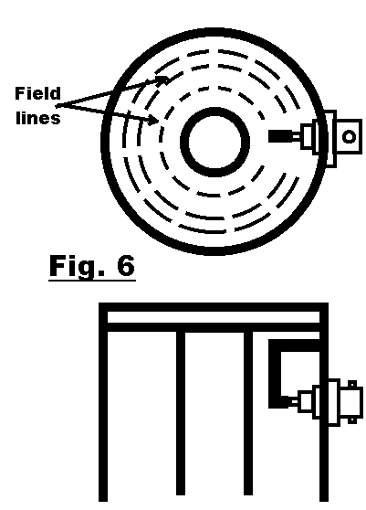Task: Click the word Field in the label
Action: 37,93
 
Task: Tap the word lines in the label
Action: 38,118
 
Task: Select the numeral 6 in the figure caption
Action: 125,265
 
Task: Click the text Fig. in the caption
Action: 78,267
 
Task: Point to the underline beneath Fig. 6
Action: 92,280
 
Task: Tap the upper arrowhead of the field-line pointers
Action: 164,80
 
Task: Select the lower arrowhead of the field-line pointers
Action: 153,120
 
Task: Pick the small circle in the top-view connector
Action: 349,136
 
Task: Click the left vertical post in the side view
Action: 181,413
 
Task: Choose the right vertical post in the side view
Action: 248,413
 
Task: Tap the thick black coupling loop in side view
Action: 275,374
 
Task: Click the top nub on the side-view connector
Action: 352,384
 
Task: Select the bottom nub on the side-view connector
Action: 352,420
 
